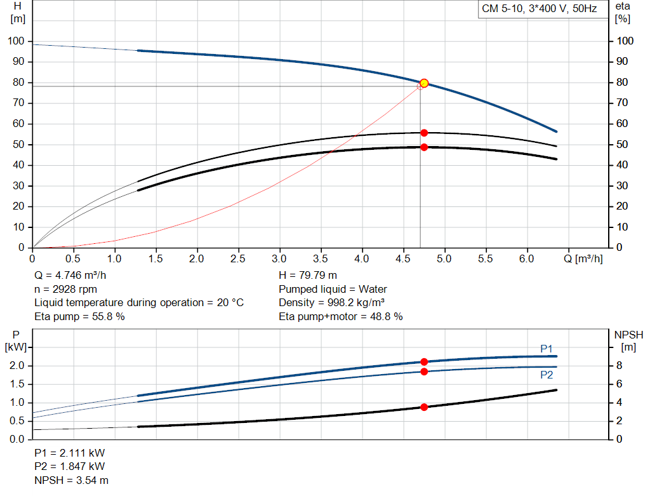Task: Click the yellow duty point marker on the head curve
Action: pyautogui.click(x=424, y=83)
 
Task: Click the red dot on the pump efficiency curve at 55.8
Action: pyautogui.click(x=424, y=133)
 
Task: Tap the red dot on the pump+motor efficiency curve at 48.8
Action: pyautogui.click(x=424, y=147)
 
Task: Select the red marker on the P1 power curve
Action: pyautogui.click(x=424, y=361)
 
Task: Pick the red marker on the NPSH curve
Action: pyautogui.click(x=424, y=407)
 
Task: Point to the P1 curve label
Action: pyautogui.click(x=547, y=348)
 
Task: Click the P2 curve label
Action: pyautogui.click(x=547, y=375)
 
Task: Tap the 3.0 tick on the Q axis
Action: pyautogui.click(x=279, y=258)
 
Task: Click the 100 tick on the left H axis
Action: pyautogui.click(x=16, y=41)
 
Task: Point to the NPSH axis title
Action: pyautogui.click(x=628, y=335)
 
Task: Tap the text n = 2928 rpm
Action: pyautogui.click(x=65, y=290)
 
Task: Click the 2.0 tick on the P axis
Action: pyautogui.click(x=17, y=366)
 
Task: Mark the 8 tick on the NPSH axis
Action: pyautogui.click(x=620, y=366)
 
